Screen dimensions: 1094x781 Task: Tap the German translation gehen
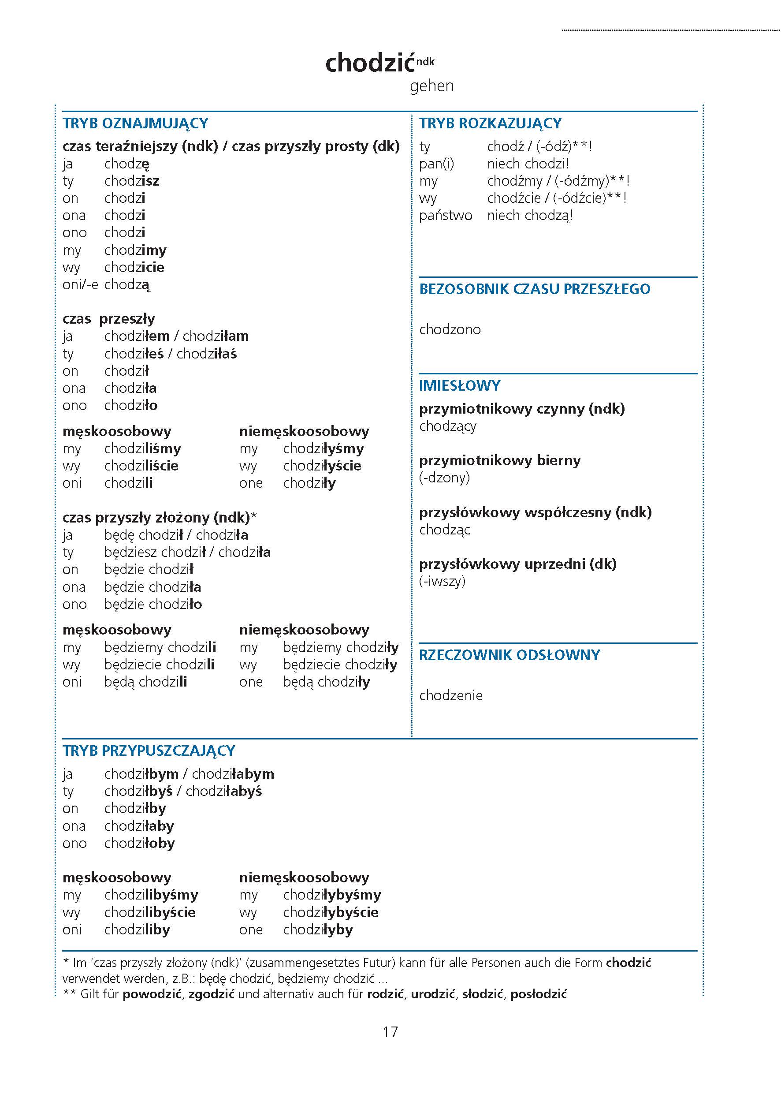point(431,86)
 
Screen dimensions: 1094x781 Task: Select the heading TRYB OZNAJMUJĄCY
point(135,123)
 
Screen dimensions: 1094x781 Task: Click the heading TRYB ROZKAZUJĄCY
point(490,123)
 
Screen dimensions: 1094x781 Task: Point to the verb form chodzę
point(126,164)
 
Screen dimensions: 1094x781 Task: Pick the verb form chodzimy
point(135,250)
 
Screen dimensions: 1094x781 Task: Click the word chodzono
point(450,329)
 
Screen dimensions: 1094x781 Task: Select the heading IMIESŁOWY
point(459,385)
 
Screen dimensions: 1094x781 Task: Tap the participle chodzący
point(448,426)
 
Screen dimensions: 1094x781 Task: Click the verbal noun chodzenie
point(450,695)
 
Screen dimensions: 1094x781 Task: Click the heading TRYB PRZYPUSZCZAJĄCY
point(149,750)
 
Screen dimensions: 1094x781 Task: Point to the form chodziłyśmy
point(323,448)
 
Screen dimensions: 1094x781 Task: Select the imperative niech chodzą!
point(530,216)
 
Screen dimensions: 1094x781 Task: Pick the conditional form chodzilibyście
point(149,912)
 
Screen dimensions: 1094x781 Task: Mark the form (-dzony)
point(444,478)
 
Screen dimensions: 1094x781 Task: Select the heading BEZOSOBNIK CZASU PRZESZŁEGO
point(534,289)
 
